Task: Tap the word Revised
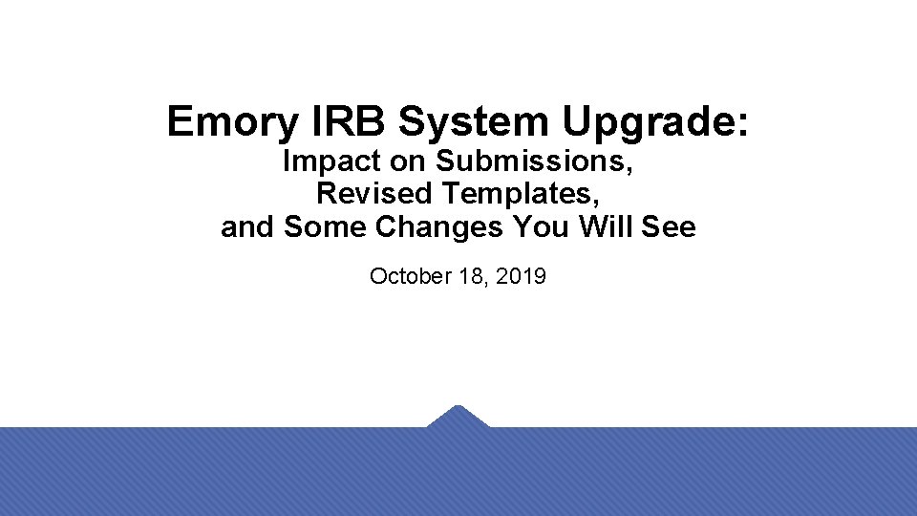[374, 194]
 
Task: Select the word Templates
[522, 195]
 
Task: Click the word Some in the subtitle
[317, 228]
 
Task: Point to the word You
[540, 228]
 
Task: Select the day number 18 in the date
[468, 277]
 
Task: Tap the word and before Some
[248, 228]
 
